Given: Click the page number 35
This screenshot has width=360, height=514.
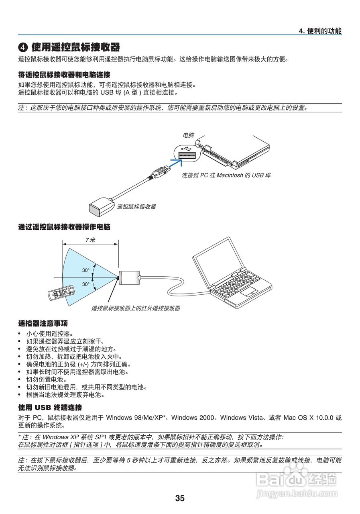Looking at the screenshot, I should coord(180,498).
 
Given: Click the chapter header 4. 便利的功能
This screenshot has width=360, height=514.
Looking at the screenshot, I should coord(320,31).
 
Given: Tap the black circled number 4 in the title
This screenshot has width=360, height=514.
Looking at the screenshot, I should coord(23,48).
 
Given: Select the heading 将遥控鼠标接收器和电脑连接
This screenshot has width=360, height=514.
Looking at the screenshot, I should coord(64,75).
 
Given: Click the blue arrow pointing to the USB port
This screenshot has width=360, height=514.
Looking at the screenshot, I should coord(175,163).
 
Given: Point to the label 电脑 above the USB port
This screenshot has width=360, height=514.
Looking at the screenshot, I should coord(188,135).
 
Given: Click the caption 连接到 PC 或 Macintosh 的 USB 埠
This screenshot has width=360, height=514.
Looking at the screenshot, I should coord(226,175).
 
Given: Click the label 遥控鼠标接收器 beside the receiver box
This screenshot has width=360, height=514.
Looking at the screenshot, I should coord(136,207).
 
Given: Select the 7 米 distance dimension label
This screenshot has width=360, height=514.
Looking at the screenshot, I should coord(90,240).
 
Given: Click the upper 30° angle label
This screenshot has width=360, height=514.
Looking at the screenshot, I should coord(86,270).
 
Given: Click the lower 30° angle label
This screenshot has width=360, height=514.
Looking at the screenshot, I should coord(86,284).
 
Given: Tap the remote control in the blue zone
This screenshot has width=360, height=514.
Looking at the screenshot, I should coord(61,293).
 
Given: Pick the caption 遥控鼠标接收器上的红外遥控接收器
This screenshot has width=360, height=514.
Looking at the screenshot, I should coord(136,308).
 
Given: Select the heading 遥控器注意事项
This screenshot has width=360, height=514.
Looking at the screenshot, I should coord(43,323).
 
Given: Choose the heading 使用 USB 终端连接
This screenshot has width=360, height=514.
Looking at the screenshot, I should coord(50,407).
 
